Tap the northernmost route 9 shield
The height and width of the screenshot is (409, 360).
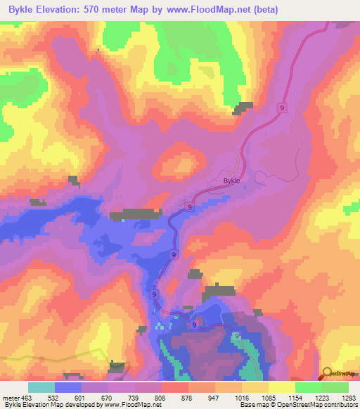[x=282, y=108]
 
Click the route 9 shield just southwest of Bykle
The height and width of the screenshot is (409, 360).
[x=190, y=205]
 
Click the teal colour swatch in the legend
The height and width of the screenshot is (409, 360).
[x=41, y=387]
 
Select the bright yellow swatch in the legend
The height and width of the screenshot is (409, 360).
[x=281, y=387]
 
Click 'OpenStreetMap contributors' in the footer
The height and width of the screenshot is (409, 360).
[x=323, y=405]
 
